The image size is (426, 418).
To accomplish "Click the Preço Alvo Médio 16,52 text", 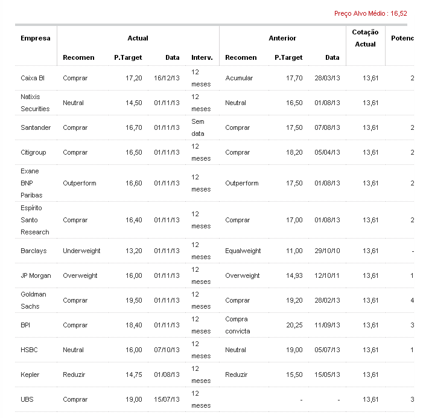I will (370, 13).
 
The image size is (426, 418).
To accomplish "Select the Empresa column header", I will (36, 38).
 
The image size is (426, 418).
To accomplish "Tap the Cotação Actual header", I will (366, 38).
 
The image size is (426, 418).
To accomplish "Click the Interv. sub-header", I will (202, 57).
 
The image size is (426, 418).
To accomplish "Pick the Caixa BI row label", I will (33, 78).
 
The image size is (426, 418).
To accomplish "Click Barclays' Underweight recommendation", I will (81, 251).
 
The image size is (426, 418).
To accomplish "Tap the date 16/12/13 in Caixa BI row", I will (167, 78).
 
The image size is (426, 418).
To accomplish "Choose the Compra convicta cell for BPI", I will (237, 325).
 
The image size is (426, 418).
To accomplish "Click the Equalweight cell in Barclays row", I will (243, 251).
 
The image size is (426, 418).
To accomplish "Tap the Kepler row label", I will (30, 375).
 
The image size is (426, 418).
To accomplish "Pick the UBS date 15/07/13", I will (167, 399).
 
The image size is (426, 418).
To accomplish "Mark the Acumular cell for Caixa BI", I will (239, 78).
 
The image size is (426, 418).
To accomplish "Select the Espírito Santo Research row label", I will (35, 220).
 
